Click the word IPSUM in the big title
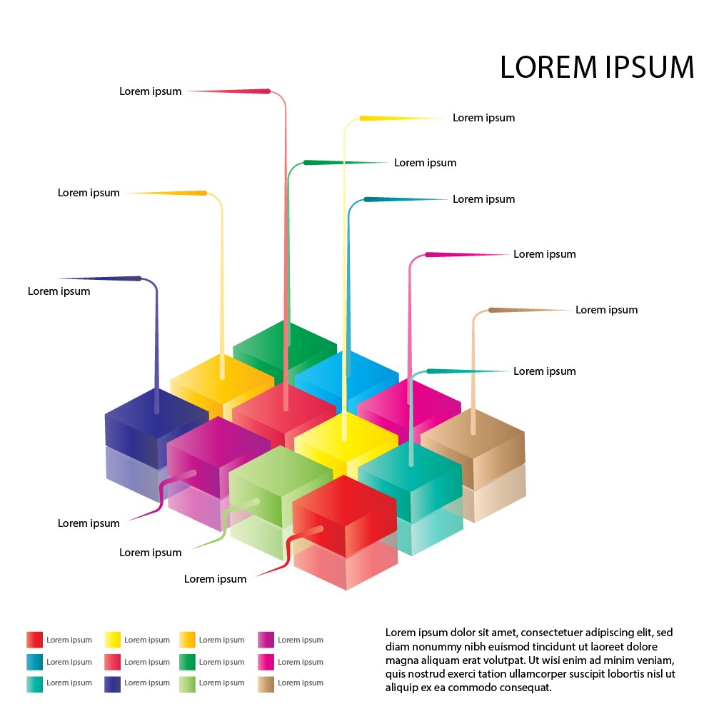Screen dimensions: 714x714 coord(649,67)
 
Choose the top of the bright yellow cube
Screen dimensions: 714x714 coord(346,433)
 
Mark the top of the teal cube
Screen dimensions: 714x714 coord(410,460)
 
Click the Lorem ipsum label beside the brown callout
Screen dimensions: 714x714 coord(606,310)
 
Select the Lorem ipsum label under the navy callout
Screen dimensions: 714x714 coord(59,291)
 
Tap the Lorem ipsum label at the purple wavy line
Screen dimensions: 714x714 coord(89,523)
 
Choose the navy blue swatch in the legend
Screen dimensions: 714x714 coord(112,684)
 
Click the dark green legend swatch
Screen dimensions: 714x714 coord(188,662)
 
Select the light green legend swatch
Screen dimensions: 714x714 coord(188,684)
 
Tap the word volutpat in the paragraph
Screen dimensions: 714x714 coord(492,660)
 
